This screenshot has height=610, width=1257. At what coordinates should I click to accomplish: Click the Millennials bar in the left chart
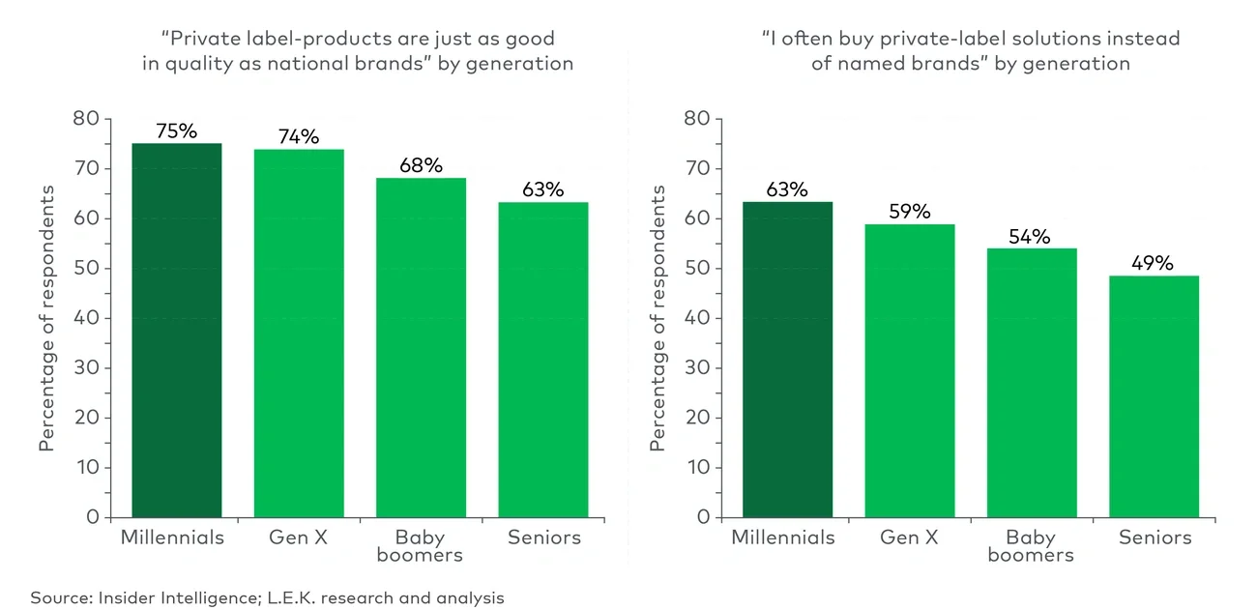click(177, 330)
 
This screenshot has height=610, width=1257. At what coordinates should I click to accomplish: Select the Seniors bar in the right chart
click(1154, 396)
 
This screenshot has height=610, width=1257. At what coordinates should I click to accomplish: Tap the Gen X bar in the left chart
click(299, 333)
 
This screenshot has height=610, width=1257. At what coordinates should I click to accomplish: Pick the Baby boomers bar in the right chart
click(1031, 382)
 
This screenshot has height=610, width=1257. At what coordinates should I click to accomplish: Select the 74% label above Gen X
click(299, 137)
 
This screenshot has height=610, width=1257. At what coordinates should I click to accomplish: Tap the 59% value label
click(910, 212)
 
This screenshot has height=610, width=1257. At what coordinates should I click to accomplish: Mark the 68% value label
click(421, 165)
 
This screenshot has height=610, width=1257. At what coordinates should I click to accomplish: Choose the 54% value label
click(1031, 236)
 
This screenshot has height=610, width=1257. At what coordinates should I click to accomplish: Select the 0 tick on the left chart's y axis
click(93, 517)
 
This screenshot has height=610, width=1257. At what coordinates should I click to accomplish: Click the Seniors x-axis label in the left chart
click(544, 537)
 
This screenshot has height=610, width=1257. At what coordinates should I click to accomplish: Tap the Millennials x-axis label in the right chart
click(783, 537)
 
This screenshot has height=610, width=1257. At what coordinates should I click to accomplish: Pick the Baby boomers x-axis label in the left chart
click(421, 546)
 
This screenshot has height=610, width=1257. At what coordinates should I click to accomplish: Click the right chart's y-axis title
click(658, 318)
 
